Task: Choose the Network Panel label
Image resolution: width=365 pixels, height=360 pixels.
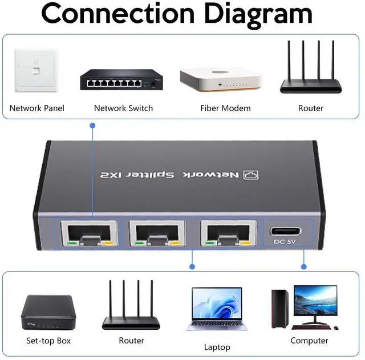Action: click(x=37, y=108)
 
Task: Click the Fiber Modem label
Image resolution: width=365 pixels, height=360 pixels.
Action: click(x=225, y=108)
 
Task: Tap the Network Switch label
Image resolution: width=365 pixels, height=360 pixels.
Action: click(x=123, y=108)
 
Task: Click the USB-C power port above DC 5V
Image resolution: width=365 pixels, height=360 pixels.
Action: click(x=285, y=232)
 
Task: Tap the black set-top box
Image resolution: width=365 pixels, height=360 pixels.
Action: click(x=48, y=314)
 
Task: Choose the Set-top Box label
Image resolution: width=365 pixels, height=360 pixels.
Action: click(x=48, y=341)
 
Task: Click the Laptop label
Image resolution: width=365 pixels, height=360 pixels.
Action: click(x=217, y=347)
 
